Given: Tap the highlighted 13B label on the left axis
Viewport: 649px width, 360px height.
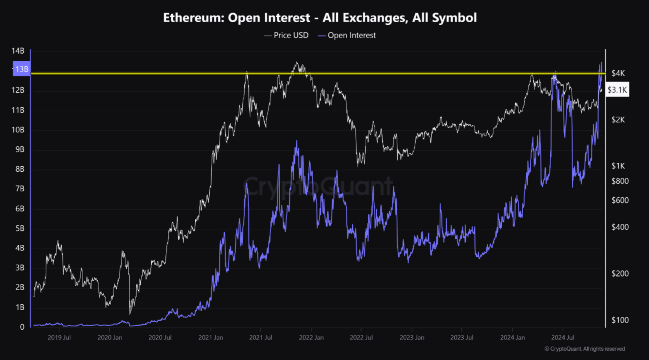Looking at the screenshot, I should coord(22,69).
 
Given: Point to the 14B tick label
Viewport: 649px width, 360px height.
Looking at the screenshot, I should coord(18,51).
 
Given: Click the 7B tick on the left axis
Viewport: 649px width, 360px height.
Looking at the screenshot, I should coord(20,189).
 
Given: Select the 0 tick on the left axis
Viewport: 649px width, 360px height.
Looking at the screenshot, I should coord(22,327).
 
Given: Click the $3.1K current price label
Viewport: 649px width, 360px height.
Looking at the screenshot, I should coord(617,90).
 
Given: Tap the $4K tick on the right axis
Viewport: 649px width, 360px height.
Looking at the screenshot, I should coord(618,73).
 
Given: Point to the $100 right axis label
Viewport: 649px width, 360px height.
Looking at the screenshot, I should coord(620,320).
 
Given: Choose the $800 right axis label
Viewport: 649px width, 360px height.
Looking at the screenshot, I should coord(620,181).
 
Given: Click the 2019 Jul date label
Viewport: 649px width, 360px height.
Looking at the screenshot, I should coord(59,337).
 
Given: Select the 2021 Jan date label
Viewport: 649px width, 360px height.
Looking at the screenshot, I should coord(211,337).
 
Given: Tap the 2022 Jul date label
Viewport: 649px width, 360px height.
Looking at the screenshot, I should coord(361,337).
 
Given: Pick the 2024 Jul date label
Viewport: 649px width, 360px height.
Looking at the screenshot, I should coord(563,337).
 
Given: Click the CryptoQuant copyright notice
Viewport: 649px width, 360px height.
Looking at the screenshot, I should coord(585,349).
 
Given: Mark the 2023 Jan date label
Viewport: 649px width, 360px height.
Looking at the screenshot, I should coord(412,337).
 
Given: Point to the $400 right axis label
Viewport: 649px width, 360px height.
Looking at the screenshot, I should coord(620,227).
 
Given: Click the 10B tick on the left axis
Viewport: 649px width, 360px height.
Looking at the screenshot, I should coord(18,130).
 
